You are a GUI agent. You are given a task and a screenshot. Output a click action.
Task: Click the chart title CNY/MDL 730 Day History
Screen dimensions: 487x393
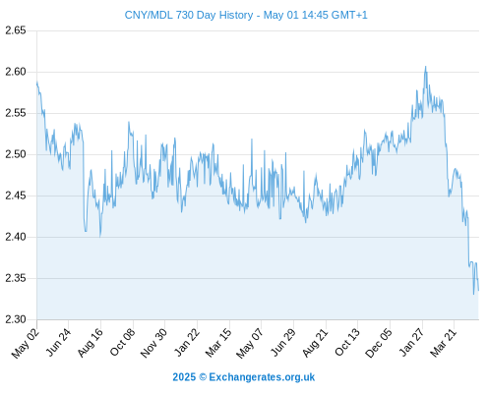point(189,15)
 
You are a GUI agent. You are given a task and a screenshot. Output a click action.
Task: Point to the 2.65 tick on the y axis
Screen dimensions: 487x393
point(16,30)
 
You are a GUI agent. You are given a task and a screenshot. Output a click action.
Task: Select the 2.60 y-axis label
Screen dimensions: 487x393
point(16,72)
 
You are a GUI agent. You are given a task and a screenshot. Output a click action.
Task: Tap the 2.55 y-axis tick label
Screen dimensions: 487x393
point(16,113)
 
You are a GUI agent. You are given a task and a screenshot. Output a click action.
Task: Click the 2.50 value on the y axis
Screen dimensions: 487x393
point(16,154)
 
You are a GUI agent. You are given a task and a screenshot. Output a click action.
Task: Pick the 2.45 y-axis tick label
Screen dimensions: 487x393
point(16,196)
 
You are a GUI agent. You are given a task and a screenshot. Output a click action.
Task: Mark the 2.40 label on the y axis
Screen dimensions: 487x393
point(16,237)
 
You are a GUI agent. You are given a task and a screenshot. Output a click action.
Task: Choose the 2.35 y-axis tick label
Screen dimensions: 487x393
point(16,278)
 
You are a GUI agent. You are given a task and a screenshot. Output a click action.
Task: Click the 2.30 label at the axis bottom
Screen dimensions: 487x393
point(16,319)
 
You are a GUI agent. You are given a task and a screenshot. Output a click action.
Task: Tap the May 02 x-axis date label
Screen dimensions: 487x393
point(26,343)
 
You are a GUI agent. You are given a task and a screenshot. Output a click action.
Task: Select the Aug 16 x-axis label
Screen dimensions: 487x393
point(91,342)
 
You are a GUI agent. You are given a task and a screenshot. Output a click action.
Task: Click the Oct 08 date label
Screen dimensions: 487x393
point(122,342)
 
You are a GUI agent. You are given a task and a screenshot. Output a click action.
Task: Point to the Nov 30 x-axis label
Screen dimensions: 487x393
point(153,343)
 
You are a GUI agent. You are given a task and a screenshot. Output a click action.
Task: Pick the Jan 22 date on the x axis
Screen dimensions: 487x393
point(187,342)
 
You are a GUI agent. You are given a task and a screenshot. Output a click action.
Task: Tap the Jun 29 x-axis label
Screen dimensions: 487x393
point(283,342)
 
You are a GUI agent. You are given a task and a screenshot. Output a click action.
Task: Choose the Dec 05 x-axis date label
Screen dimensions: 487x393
point(379,343)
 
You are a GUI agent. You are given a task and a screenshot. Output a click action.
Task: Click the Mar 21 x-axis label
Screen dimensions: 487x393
point(444,342)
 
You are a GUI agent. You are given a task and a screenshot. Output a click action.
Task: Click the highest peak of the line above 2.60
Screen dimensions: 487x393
point(426,67)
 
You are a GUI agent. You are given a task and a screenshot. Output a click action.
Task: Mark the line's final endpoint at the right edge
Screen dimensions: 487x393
point(478,290)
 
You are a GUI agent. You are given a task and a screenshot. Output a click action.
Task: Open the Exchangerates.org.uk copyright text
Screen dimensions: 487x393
point(244,377)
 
